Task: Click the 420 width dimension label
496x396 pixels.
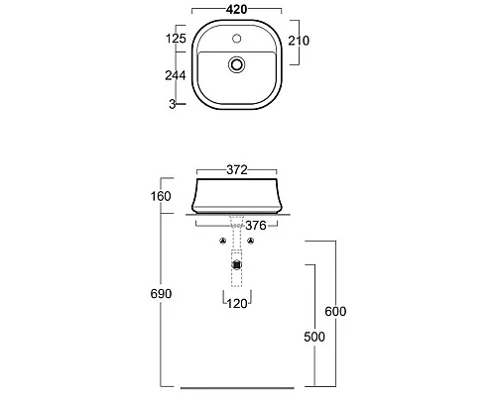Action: click(x=237, y=10)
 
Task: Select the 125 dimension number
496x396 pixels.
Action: click(x=176, y=39)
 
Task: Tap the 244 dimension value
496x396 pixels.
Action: click(x=176, y=75)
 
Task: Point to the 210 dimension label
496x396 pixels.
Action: click(x=299, y=41)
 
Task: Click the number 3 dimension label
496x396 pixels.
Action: click(x=173, y=104)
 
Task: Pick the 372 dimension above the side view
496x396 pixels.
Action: click(x=237, y=170)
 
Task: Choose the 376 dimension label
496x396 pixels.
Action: click(x=256, y=226)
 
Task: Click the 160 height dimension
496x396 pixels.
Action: click(x=161, y=196)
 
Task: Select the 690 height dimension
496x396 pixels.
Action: click(x=161, y=294)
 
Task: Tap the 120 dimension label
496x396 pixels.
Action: click(x=237, y=304)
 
